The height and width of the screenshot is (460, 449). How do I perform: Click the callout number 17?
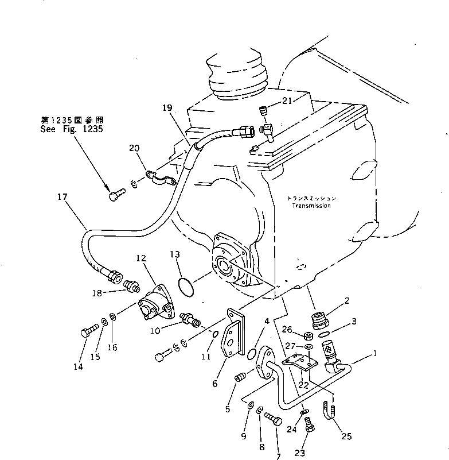(x=62, y=197)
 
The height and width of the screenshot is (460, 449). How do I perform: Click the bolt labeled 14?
(x=88, y=331)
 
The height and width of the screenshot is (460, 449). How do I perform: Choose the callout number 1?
(x=375, y=355)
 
